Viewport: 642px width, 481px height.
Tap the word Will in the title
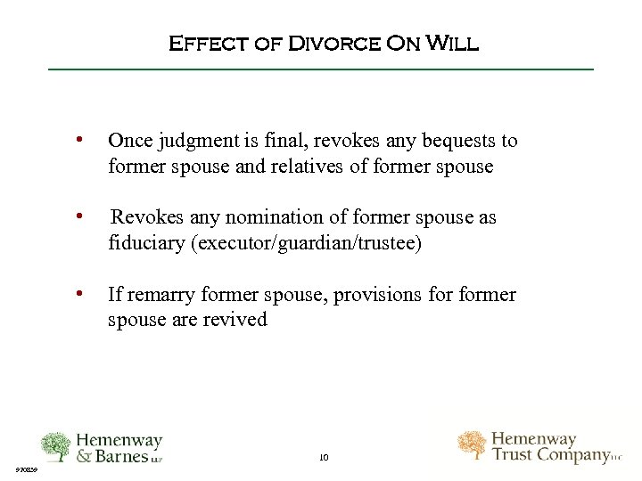(x=452, y=43)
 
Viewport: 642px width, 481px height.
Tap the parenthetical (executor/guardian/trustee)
(x=306, y=243)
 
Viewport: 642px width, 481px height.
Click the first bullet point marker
(x=81, y=140)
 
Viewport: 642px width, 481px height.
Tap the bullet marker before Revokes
(x=81, y=216)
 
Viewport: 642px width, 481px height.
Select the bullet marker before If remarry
(x=81, y=293)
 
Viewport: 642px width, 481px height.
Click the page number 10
(x=323, y=457)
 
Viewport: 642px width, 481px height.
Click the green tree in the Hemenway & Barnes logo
(x=56, y=446)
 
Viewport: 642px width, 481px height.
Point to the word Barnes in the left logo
(x=129, y=456)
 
